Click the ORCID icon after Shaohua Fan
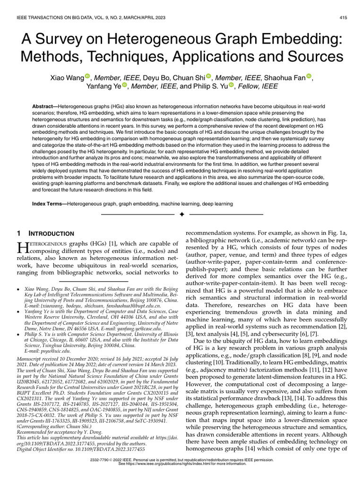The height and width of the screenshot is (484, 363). (x=309, y=77)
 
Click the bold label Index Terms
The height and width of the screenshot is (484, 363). (x=49, y=204)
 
